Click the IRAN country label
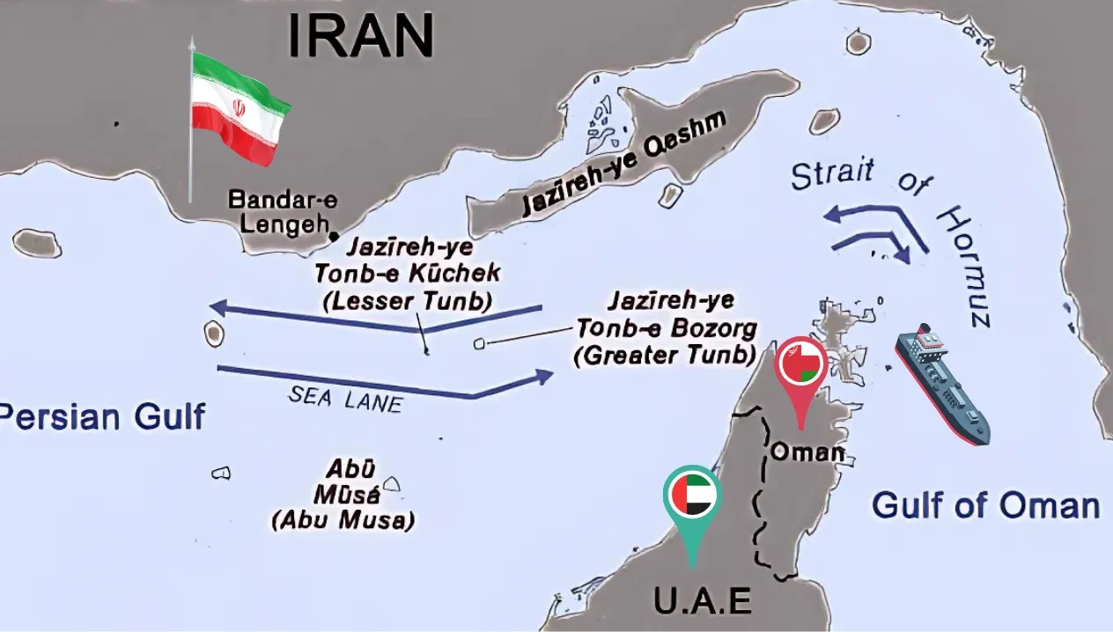click(x=361, y=36)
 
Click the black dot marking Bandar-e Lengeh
click(x=334, y=236)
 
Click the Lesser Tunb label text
click(x=408, y=301)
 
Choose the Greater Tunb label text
click(x=666, y=356)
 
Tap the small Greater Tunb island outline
click(x=480, y=343)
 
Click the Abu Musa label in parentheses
click(x=343, y=519)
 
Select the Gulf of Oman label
click(x=985, y=506)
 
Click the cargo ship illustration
click(x=942, y=383)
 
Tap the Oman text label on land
click(x=807, y=452)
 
